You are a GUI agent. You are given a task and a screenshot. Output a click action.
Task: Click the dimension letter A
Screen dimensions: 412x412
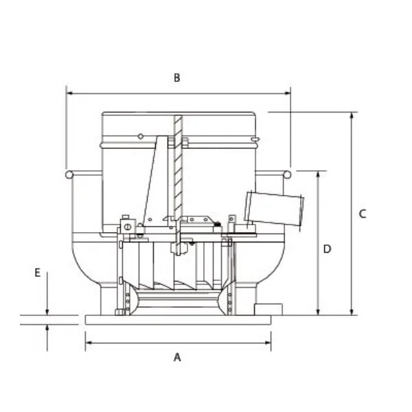[177, 357]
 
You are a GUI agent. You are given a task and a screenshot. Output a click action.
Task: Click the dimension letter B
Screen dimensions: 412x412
[176, 78]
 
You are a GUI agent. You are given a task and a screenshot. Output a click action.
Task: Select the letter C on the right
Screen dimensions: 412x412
[363, 214]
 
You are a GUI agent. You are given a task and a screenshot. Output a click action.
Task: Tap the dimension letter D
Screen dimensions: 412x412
[328, 249]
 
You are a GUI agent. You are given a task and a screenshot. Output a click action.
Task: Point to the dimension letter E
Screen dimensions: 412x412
[37, 273]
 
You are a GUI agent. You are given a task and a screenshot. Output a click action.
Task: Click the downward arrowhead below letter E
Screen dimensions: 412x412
[47, 310]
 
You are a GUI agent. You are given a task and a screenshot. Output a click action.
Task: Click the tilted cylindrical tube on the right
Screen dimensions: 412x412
[274, 209]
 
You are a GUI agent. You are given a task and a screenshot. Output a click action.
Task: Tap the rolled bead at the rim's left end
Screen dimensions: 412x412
[69, 174]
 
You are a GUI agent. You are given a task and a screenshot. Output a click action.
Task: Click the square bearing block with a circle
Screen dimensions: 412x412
[127, 226]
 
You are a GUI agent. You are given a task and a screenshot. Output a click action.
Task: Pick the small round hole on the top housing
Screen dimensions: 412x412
[140, 137]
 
